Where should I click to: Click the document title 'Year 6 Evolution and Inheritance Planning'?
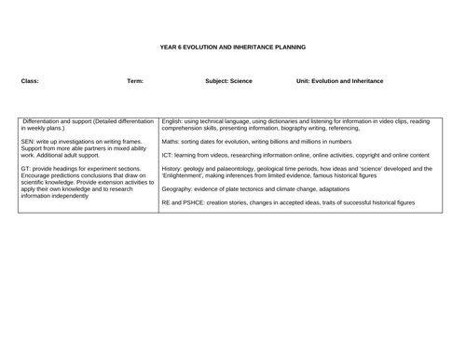(232, 47)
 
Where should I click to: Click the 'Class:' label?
(30, 81)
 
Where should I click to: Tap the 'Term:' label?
(135, 81)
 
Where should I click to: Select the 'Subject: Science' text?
(228, 81)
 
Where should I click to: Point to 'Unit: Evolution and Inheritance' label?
(339, 81)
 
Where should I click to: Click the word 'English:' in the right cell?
(174, 121)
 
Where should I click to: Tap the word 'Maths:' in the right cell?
(172, 141)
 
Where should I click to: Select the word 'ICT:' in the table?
(168, 155)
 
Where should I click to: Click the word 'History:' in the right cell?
(173, 169)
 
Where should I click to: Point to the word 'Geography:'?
(180, 188)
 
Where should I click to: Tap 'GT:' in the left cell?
(25, 169)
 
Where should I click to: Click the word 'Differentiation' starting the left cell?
(42, 121)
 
